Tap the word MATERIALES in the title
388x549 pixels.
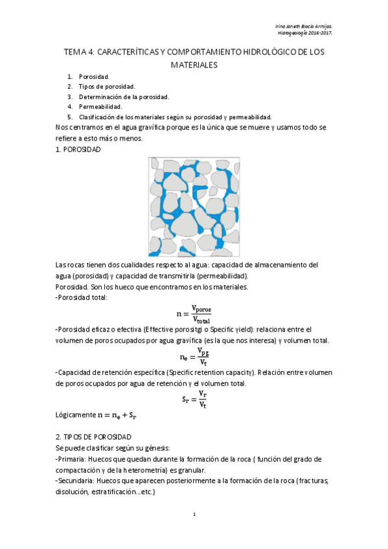click(194, 65)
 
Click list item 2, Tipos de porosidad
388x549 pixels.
click(106, 86)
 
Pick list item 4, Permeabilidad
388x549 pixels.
click(100, 106)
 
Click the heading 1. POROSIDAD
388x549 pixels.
click(78, 150)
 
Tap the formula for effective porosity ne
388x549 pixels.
click(194, 357)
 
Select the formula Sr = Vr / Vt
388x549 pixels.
click(194, 399)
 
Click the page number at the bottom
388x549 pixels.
click(194, 514)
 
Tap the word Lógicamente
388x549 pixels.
click(75, 415)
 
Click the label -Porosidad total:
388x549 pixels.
click(82, 297)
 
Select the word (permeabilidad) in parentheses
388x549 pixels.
click(205, 275)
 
